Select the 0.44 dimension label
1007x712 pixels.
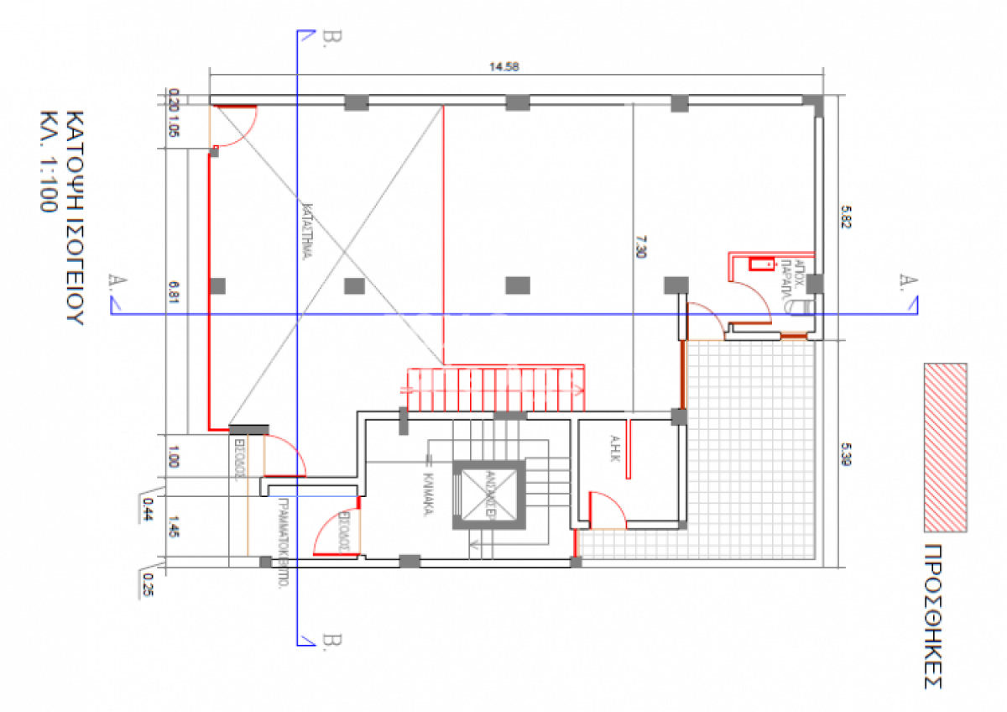149,506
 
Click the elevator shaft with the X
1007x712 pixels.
488,495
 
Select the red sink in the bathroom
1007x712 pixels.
762,264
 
